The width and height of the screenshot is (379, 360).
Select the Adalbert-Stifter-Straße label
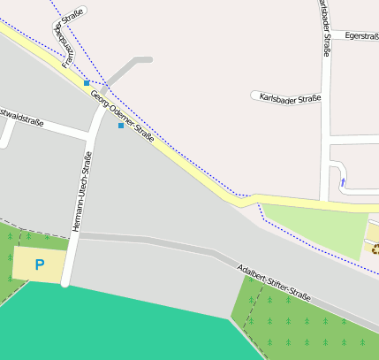tap(274, 283)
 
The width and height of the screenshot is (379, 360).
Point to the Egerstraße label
tap(361, 35)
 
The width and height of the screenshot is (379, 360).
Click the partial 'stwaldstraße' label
tap(21, 117)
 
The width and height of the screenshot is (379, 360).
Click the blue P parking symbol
tap(39, 264)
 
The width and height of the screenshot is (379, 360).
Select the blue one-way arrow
tap(343, 183)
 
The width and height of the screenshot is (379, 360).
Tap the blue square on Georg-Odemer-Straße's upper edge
tap(87, 82)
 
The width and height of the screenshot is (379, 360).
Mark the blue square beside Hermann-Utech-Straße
tap(121, 126)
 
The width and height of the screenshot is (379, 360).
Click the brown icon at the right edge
tap(375, 249)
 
